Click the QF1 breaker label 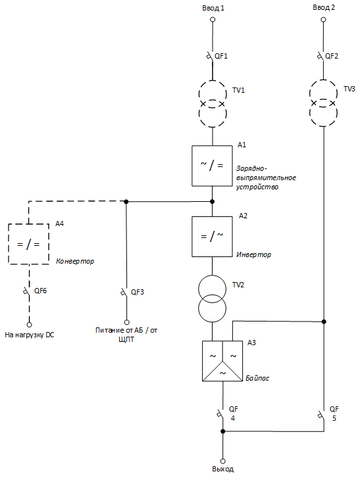221,56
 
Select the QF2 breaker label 332,56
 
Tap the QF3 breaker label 138,292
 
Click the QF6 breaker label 41,291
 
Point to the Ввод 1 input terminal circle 213,20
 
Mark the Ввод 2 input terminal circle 323,20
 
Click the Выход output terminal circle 223,461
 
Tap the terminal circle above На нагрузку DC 30,325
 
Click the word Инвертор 253,254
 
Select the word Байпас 257,378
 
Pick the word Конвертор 75,261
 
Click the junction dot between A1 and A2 213,201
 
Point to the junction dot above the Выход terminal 223,431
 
